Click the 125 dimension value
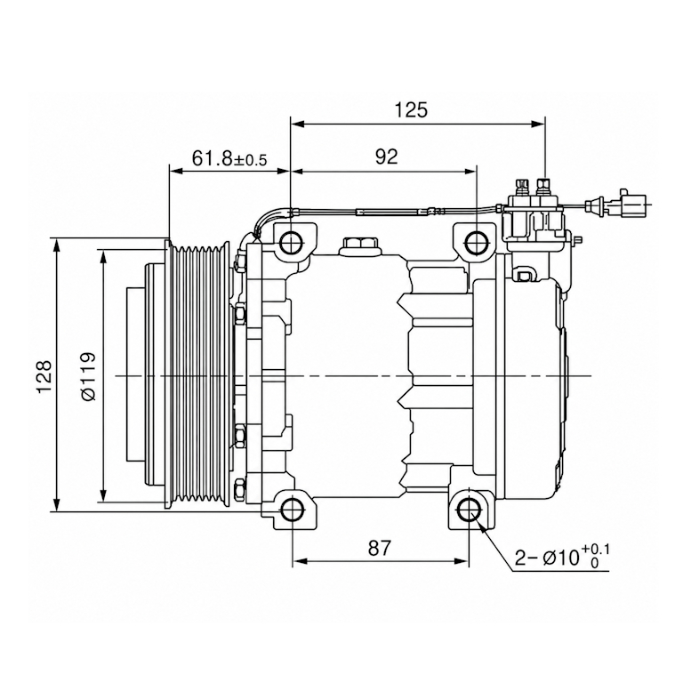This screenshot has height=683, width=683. (411, 109)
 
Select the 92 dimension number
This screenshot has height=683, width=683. (386, 157)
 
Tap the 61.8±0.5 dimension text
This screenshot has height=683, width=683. (229, 158)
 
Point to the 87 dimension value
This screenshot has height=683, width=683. (380, 548)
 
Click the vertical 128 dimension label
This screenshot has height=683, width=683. (44, 376)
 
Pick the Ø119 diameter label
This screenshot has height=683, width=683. (87, 376)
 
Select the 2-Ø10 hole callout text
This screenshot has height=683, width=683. (562, 557)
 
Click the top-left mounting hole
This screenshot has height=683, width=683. (291, 243)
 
